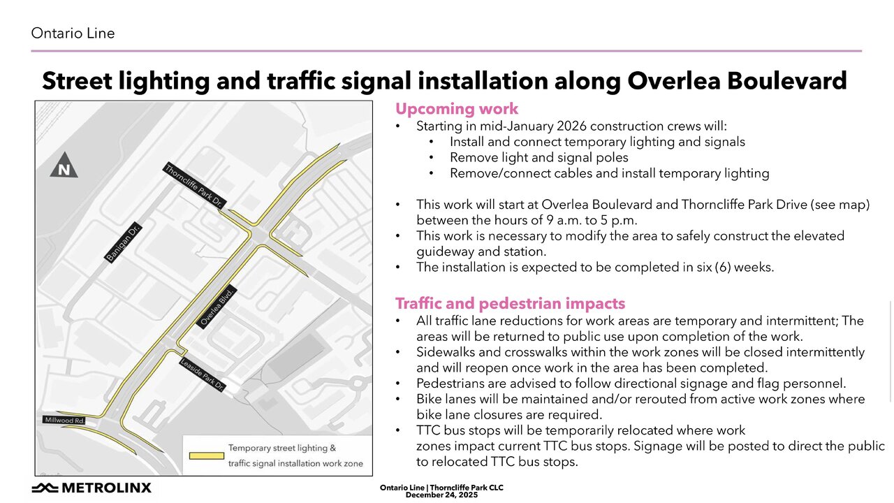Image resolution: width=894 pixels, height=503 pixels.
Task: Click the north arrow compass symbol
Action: tap(64, 165)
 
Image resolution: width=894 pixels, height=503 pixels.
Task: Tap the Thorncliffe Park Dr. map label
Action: tap(193, 187)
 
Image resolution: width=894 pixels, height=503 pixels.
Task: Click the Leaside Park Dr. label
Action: tap(202, 374)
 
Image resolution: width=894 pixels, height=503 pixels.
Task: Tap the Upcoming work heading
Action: tap(457, 109)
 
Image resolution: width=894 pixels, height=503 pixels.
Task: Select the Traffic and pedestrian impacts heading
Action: tap(510, 304)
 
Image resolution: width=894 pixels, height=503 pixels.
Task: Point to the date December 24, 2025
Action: tap(441, 495)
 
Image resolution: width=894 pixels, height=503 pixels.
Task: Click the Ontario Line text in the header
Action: tap(73, 34)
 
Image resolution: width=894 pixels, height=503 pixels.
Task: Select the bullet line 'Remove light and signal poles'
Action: tap(538, 157)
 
